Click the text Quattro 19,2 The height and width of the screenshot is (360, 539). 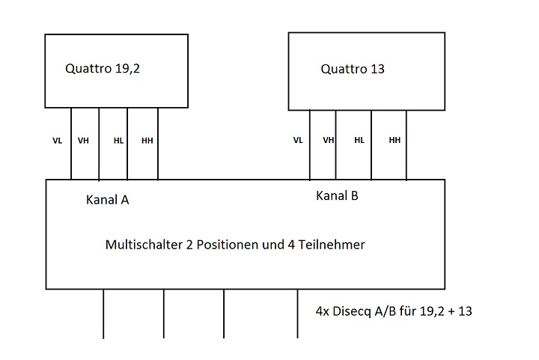pyautogui.click(x=103, y=69)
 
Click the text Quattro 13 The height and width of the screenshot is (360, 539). pyautogui.click(x=353, y=69)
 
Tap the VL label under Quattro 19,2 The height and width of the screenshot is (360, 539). pyautogui.click(x=58, y=141)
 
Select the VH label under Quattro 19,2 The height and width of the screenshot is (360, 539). pyautogui.click(x=83, y=141)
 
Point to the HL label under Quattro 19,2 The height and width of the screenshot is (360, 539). pyautogui.click(x=118, y=141)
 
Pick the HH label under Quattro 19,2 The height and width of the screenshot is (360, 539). pyautogui.click(x=147, y=141)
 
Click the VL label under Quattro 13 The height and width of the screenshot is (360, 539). pyautogui.click(x=298, y=140)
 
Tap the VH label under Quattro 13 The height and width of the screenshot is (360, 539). pyautogui.click(x=329, y=140)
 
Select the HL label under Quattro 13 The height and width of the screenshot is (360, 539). pyautogui.click(x=359, y=140)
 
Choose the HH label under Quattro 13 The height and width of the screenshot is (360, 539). pyautogui.click(x=395, y=140)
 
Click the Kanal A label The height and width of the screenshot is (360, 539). pyautogui.click(x=108, y=200)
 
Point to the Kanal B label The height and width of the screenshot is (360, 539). pyautogui.click(x=337, y=195)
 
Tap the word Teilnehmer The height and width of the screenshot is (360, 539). pyautogui.click(x=332, y=245)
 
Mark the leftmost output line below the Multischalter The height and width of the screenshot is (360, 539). pyautogui.click(x=103, y=314)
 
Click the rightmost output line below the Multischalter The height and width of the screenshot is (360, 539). pyautogui.click(x=298, y=314)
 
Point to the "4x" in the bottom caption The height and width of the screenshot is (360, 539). pyautogui.click(x=323, y=311)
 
